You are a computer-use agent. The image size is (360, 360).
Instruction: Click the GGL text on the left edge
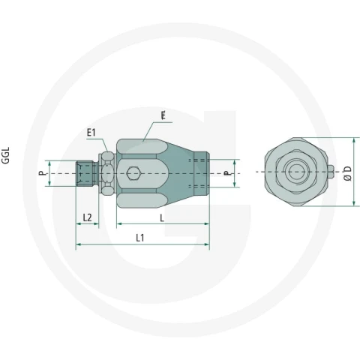[5, 155]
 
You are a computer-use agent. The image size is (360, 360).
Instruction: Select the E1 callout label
[91, 133]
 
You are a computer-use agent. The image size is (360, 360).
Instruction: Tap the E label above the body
[163, 115]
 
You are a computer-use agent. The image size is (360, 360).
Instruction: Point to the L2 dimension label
[87, 217]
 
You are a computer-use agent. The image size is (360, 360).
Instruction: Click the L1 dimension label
[140, 238]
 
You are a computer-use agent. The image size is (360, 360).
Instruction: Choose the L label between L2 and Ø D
[162, 218]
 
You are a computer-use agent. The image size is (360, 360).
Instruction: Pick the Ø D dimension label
[347, 173]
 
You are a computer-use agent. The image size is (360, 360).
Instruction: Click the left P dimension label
[43, 173]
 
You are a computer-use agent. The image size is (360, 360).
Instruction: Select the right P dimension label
[226, 173]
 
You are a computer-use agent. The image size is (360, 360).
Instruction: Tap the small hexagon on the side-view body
[133, 173]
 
